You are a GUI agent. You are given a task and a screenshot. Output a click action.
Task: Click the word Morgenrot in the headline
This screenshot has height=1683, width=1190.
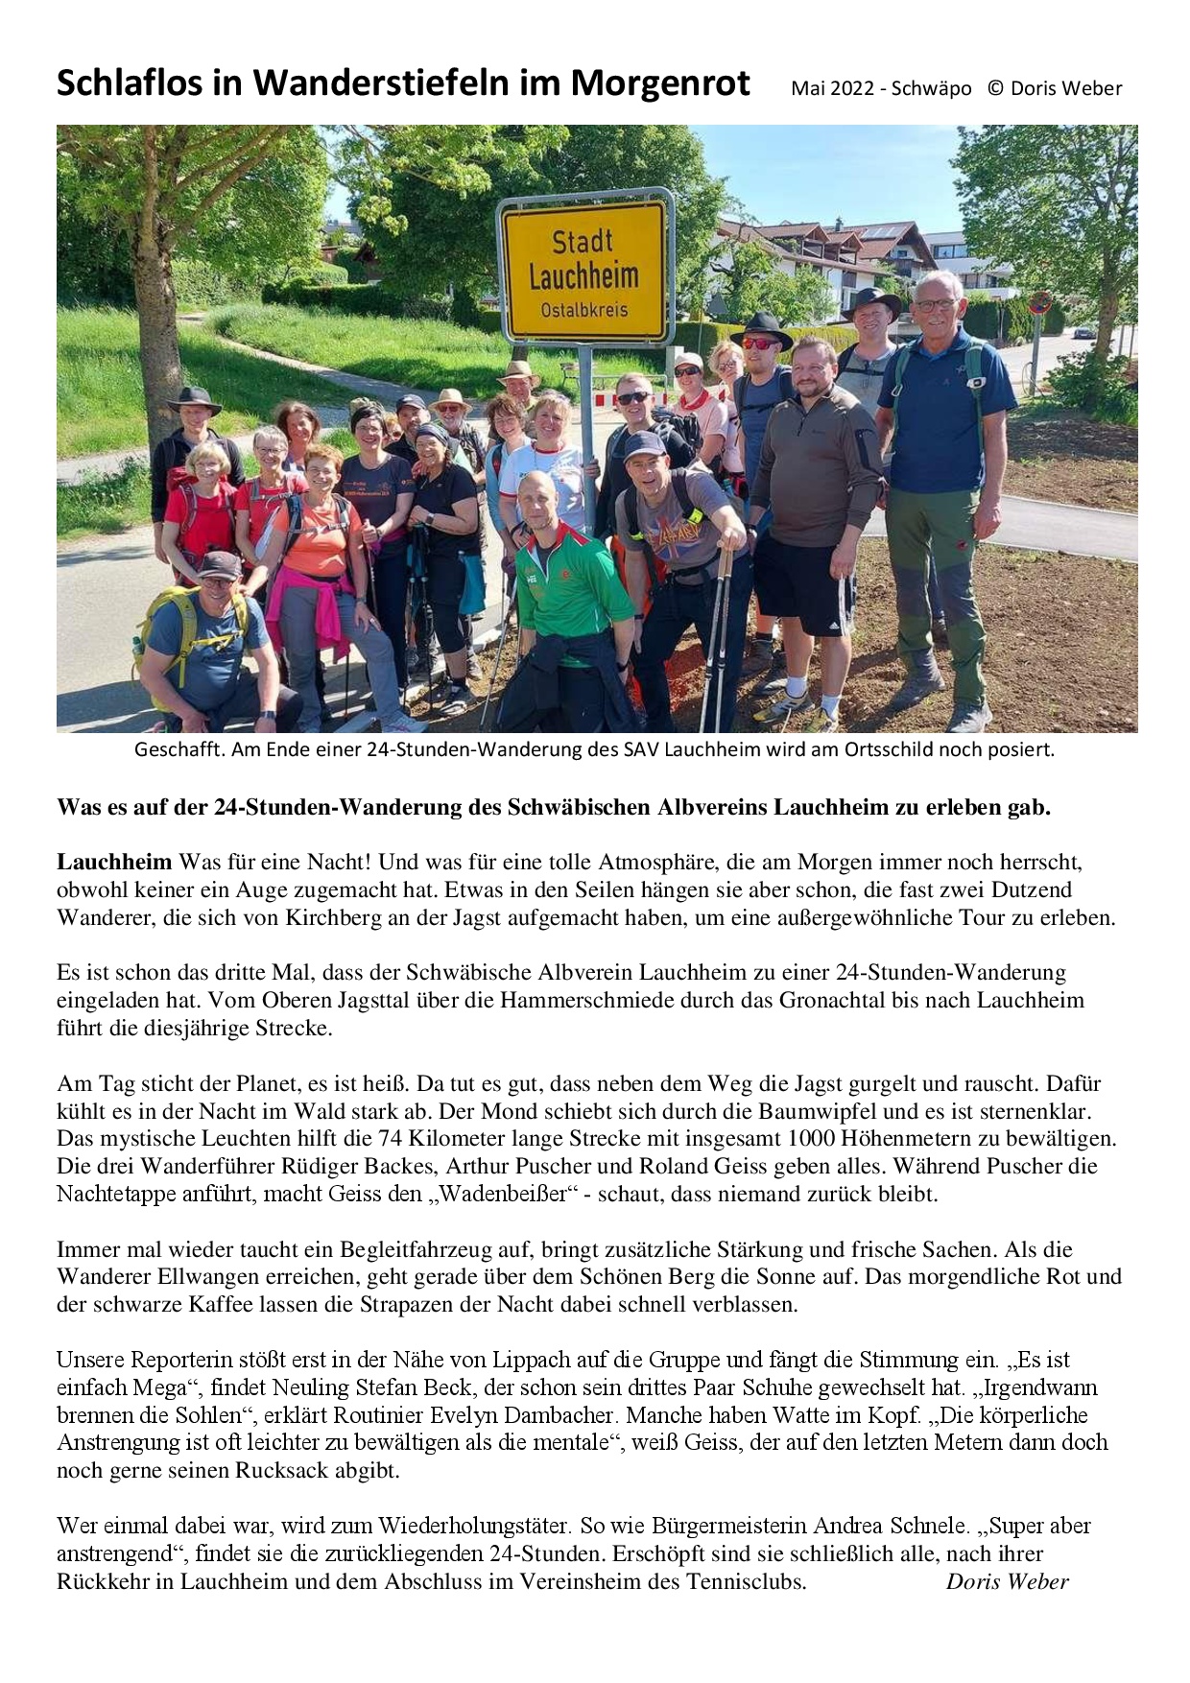[x=660, y=84]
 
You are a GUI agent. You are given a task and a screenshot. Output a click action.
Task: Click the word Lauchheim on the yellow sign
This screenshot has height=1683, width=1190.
[x=583, y=276]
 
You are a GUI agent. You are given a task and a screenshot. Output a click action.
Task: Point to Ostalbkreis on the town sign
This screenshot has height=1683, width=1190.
[x=584, y=311]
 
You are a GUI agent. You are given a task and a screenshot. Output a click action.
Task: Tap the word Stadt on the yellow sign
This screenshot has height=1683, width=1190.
[x=582, y=240]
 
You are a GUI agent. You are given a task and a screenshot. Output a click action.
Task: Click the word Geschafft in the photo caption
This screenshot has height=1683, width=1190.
[x=178, y=749]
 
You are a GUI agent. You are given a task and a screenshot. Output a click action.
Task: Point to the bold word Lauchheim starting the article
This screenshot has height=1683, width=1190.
[x=114, y=862]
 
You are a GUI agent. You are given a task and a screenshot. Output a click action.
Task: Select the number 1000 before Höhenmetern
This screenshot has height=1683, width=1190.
[x=811, y=1139]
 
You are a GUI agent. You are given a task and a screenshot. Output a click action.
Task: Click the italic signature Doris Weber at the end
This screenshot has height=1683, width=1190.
[x=1007, y=1581]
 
